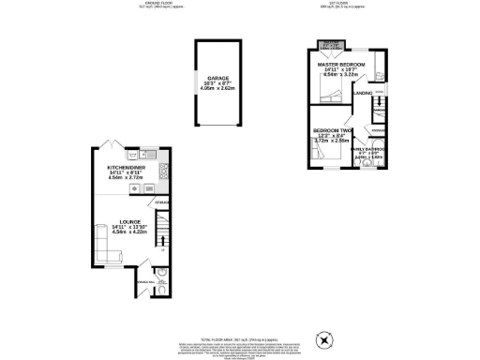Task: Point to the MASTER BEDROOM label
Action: [x=340, y=64]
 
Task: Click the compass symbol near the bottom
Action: [x=326, y=338]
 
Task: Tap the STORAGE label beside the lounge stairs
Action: [x=161, y=203]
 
